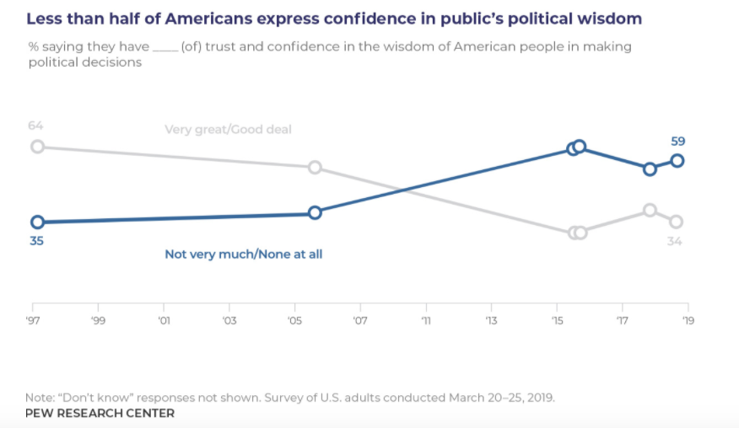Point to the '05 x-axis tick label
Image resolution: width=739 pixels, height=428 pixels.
pyautogui.click(x=295, y=321)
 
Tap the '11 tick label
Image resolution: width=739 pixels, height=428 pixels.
pyautogui.click(x=426, y=321)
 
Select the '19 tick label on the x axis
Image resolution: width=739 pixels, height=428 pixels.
pyautogui.click(x=688, y=321)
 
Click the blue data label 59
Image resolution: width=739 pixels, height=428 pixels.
pyautogui.click(x=678, y=142)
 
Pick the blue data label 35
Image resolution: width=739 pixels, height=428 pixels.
pyautogui.click(x=36, y=240)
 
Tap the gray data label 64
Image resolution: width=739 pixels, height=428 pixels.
pyautogui.click(x=35, y=126)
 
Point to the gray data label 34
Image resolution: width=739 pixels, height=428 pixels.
pyautogui.click(x=674, y=242)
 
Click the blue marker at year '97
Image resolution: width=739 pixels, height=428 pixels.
pyautogui.click(x=37, y=222)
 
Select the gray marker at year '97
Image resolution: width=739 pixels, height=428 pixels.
pyautogui.click(x=37, y=147)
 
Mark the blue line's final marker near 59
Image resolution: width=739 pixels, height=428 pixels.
pyautogui.click(x=677, y=160)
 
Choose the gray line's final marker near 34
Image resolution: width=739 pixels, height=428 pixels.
pyautogui.click(x=676, y=222)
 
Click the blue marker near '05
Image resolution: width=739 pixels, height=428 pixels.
pyautogui.click(x=315, y=212)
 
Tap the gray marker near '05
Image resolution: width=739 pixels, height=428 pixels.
pyautogui.click(x=315, y=167)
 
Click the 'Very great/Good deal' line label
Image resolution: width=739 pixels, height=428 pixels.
pyautogui.click(x=228, y=129)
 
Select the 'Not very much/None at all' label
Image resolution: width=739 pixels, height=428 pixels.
pyautogui.click(x=243, y=254)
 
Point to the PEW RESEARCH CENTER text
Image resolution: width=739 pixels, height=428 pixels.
pyautogui.click(x=100, y=413)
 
